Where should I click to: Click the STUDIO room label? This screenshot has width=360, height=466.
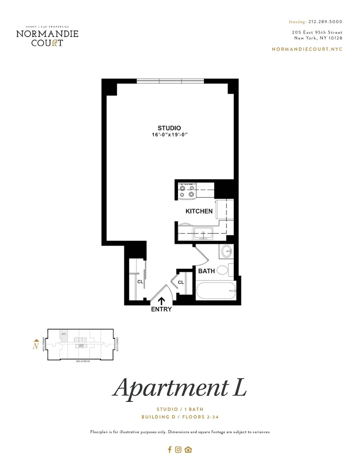tap(169, 128)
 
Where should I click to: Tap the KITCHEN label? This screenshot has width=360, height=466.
tap(199, 211)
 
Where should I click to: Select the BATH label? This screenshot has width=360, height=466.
tap(206, 271)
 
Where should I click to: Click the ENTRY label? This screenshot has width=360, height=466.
tap(162, 309)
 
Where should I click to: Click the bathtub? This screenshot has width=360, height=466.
tap(217, 292)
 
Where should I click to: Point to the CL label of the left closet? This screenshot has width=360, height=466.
tap(140, 281)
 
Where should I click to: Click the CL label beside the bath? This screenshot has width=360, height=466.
tap(181, 282)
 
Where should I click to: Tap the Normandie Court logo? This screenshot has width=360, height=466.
tap(47, 36)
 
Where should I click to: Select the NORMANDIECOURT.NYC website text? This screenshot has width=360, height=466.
tap(307, 49)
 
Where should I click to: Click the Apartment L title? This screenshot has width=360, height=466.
tap(179, 388)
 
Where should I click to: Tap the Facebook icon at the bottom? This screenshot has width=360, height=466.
tap(170, 450)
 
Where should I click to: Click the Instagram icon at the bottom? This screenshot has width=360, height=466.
tap(178, 450)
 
